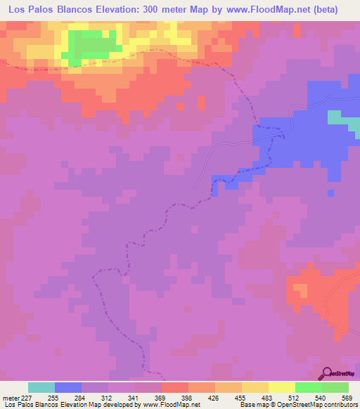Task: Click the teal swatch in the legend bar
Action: tap(41, 387)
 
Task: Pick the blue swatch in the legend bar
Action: tap(67, 387)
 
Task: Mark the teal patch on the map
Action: tap(342, 120)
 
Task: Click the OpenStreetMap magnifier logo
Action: tap(327, 374)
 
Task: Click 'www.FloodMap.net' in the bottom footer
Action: tap(172, 405)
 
